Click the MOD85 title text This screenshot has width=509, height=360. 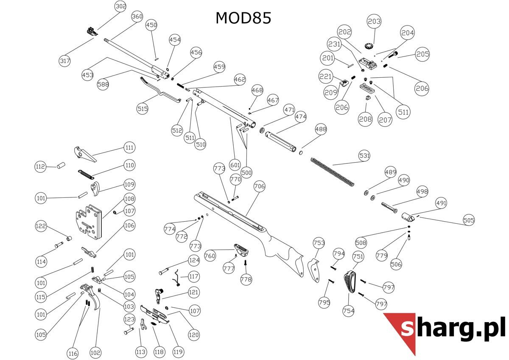243,18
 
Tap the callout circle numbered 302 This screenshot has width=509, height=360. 121,7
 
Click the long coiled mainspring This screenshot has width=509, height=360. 333,171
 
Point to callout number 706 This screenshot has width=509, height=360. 259,186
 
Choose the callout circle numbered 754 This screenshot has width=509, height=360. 349,311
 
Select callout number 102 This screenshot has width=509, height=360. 96,352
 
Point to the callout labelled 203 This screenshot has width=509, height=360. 374,21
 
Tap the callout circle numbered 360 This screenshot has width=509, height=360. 137,17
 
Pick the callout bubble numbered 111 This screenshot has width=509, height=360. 129,148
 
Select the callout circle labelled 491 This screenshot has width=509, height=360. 441,203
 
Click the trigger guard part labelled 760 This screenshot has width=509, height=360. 241,250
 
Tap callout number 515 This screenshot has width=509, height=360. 143,109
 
